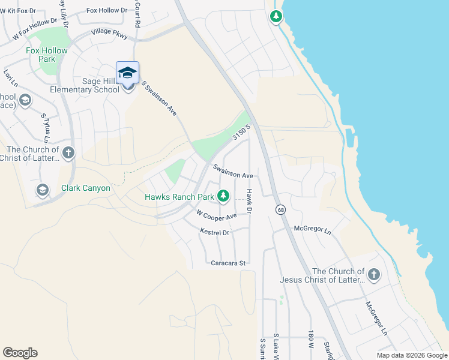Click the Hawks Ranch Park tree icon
(x=223, y=196)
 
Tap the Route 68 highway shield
(x=280, y=209)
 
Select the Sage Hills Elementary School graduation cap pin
(x=127, y=73)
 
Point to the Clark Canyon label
(x=86, y=188)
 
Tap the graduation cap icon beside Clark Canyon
(x=42, y=190)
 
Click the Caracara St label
(x=229, y=263)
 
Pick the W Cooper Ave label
(x=216, y=215)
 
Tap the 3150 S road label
(x=241, y=134)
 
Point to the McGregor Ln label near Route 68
(x=312, y=229)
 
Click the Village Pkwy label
(x=109, y=34)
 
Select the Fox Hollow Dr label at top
(x=107, y=10)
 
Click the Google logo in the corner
(x=20, y=353)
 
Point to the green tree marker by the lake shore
(x=276, y=16)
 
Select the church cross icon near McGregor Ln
(x=374, y=275)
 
